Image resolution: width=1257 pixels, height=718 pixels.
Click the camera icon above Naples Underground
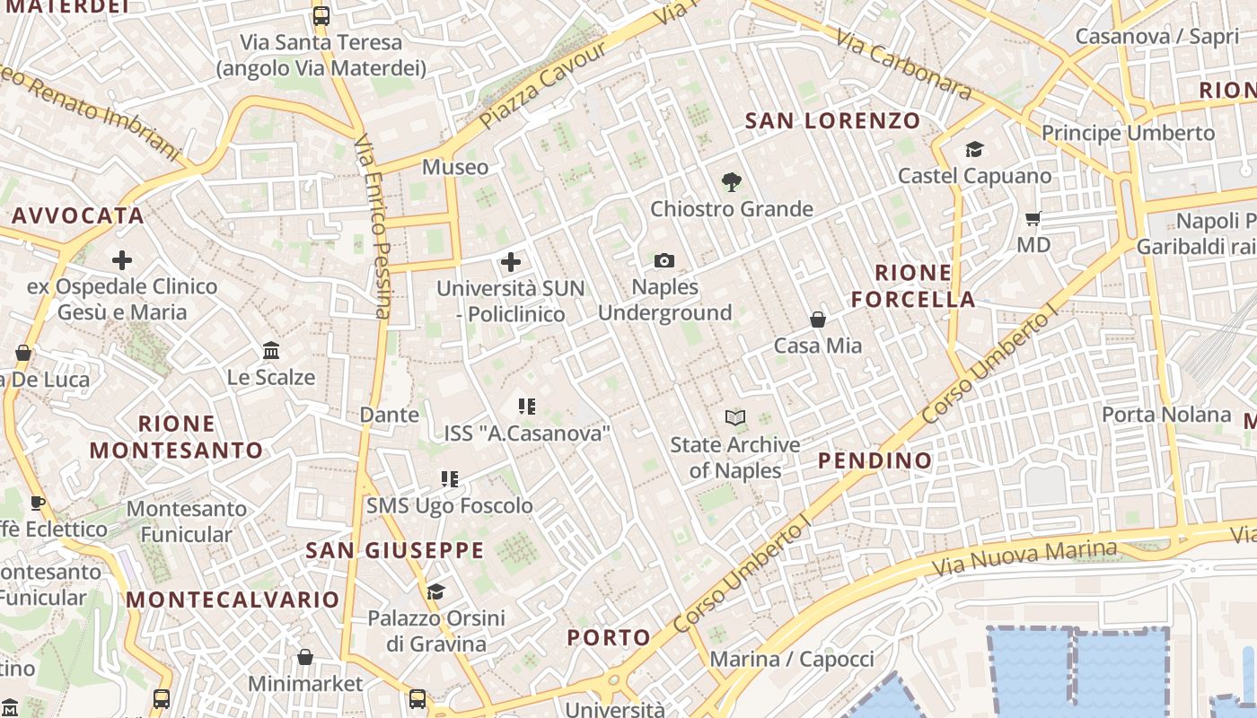coord(664,261)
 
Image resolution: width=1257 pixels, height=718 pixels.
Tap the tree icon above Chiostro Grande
coord(732,182)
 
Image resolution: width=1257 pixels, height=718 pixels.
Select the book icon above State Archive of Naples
coord(735,417)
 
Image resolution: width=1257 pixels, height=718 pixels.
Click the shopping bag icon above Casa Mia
coord(818,320)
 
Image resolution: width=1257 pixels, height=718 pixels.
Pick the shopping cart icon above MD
coord(1033,218)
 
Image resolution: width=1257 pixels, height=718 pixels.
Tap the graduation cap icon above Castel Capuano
coord(975,149)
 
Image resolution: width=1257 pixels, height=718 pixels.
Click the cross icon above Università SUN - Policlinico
coord(511,262)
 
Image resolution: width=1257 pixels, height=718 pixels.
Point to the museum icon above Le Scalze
coord(271,351)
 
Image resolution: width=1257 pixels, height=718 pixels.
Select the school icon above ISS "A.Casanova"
coord(527,407)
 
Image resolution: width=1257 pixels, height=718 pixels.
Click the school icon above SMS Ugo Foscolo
coord(450,479)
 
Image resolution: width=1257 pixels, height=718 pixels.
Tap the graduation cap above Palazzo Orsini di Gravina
coord(436,591)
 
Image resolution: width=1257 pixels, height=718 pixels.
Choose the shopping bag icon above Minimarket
coord(305,657)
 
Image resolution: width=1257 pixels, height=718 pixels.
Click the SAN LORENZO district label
coord(833,120)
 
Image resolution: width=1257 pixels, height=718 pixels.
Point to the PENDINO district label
coord(875,460)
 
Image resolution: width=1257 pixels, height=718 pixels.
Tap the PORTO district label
coord(609,638)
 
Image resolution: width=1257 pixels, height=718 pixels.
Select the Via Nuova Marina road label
coord(1024,558)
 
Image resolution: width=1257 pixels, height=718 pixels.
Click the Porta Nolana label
coord(1166,415)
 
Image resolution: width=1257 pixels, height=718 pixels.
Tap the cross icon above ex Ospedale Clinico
coord(122,261)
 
